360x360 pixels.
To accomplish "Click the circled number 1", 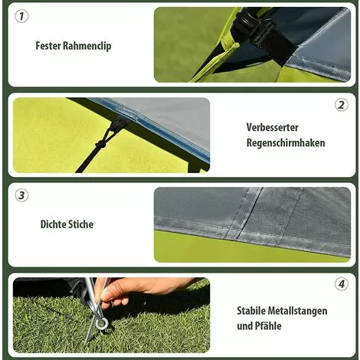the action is tap(21, 16).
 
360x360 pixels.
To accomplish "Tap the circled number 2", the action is tap(341, 105).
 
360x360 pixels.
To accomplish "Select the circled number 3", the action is tap(21, 195).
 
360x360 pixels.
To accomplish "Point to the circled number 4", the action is tap(341, 284).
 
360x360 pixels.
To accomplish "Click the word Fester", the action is tap(48, 46).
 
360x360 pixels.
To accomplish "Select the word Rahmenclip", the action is tap(87, 47).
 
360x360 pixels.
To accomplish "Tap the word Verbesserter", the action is tap(272, 127).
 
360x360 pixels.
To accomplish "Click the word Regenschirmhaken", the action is tap(286, 143).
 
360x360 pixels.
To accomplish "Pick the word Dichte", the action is tap(52, 224).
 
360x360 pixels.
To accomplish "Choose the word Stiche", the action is tap(80, 224).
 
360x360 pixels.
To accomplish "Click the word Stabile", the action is tap(251, 311).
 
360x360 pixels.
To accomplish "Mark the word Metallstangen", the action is tap(297, 311).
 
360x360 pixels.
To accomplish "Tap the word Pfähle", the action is tap(269, 326).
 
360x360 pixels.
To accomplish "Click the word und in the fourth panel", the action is tap(245, 326).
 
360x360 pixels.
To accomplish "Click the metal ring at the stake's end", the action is tap(102, 324).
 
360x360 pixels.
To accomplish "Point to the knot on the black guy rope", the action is tap(100, 145).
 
